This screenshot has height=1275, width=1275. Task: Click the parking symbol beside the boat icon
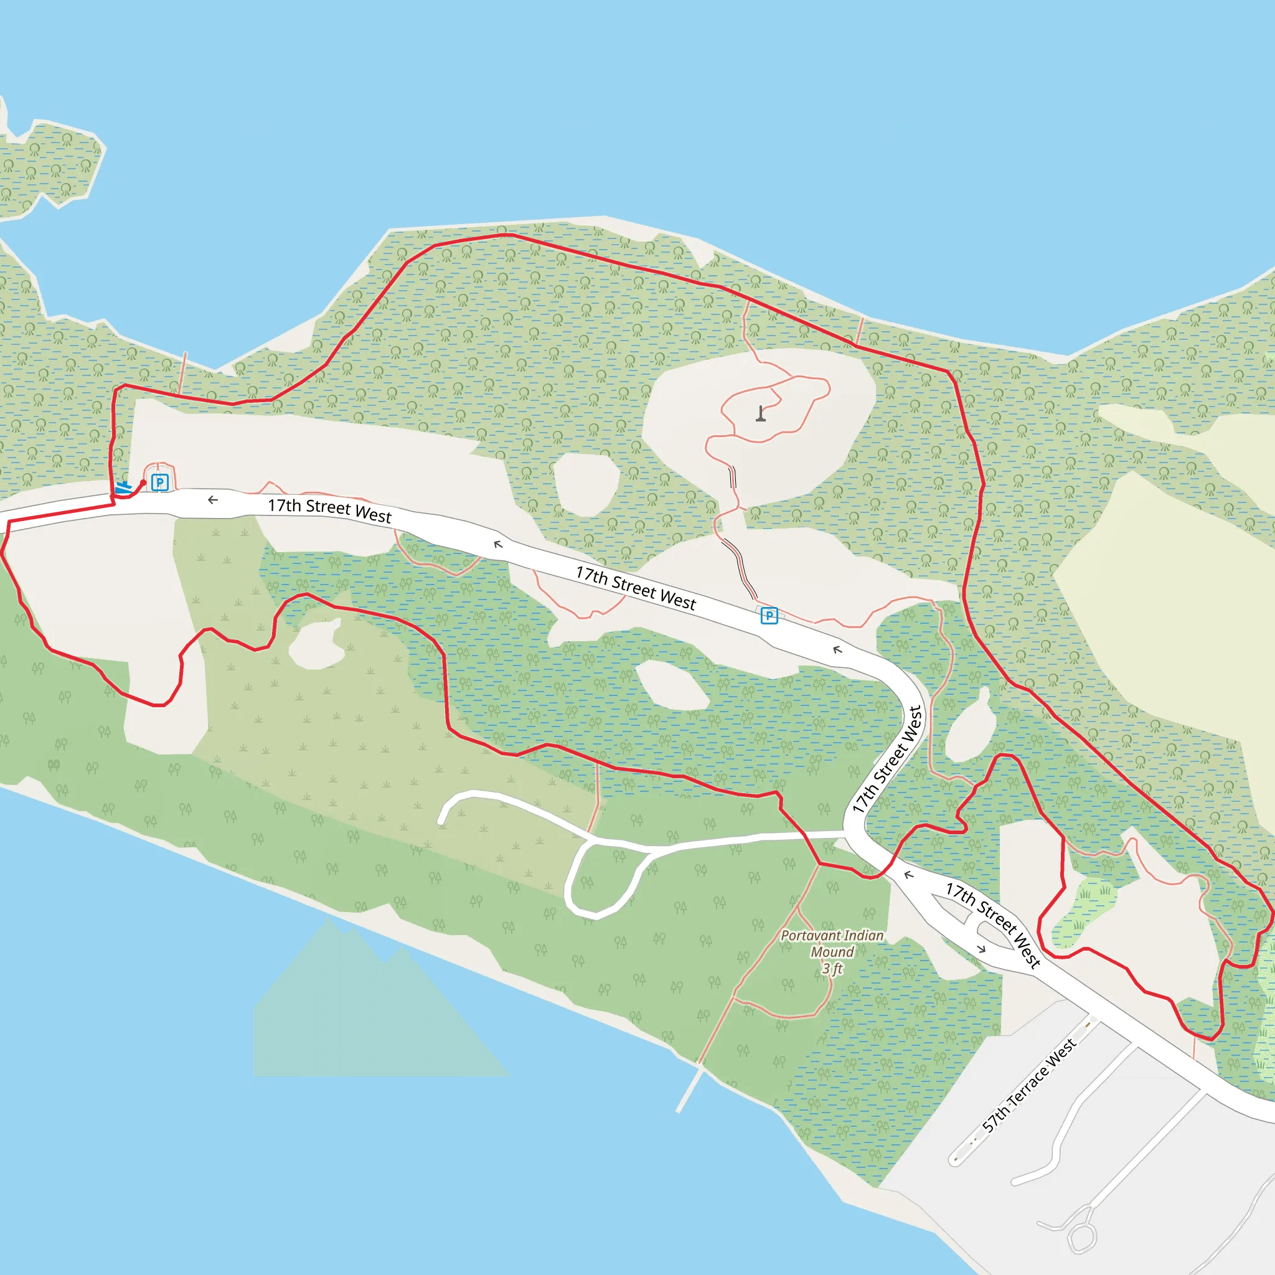[x=160, y=482]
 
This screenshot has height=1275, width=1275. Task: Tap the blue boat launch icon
[x=123, y=488]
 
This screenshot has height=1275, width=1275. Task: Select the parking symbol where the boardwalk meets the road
[x=769, y=616]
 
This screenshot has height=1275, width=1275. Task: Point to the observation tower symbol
[x=761, y=414]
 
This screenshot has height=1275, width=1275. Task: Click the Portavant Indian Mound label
[x=832, y=944]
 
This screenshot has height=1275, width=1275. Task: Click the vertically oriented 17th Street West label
[x=887, y=760]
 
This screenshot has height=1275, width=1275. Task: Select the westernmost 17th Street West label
[x=329, y=510]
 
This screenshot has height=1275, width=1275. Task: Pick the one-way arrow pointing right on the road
[x=981, y=949]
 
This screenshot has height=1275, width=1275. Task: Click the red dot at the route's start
[x=143, y=483]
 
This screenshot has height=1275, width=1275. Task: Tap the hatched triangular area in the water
[x=370, y=1016]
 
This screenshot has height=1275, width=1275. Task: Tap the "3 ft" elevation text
[x=832, y=968]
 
